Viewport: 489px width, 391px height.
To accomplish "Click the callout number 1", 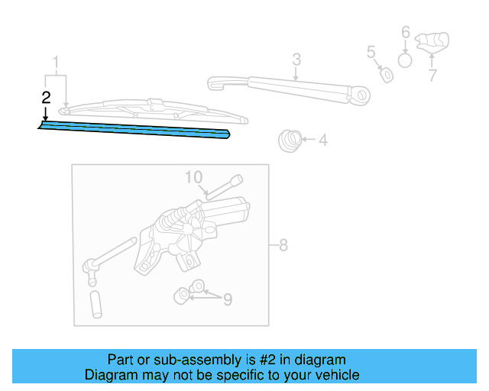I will (x=55, y=61).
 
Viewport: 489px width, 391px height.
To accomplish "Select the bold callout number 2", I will (x=46, y=97).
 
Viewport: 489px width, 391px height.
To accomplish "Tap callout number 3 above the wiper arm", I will (x=296, y=60).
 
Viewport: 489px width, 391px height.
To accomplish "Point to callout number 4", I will (x=322, y=140).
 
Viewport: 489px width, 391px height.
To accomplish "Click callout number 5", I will (x=371, y=52).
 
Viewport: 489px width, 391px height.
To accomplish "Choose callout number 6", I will (x=406, y=33).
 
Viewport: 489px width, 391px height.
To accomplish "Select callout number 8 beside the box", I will (x=283, y=245).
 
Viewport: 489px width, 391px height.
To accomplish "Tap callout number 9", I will (x=227, y=299).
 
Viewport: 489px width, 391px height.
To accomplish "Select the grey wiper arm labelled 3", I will (x=290, y=88).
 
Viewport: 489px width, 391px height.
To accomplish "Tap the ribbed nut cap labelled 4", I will (x=290, y=141).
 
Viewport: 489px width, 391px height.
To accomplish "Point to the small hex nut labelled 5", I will (x=387, y=74).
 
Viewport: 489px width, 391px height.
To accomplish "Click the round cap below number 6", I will (x=406, y=60).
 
